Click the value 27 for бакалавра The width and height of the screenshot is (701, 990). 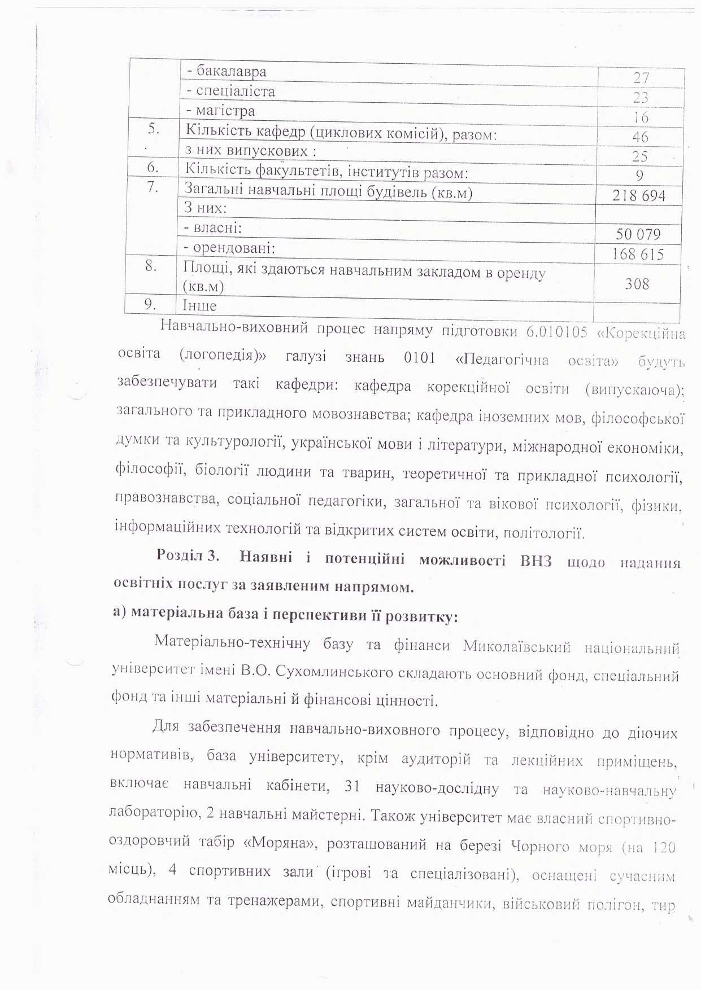(641, 78)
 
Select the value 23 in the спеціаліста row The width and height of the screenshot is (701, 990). (641, 98)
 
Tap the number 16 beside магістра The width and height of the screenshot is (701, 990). (641, 117)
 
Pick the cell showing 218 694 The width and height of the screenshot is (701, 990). (639, 196)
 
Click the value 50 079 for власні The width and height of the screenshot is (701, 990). (638, 234)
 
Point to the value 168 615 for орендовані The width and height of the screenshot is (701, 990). (638, 254)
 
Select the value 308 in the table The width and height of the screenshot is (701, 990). (637, 283)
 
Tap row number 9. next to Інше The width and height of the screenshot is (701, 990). (150, 305)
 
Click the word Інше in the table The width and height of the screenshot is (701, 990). (199, 306)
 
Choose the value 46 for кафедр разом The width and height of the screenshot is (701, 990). (641, 137)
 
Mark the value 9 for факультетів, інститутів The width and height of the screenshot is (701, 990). (639, 176)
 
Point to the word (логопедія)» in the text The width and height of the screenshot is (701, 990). (223, 356)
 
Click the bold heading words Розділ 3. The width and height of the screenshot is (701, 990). (188, 555)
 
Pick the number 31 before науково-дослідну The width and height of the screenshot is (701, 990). (352, 786)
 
